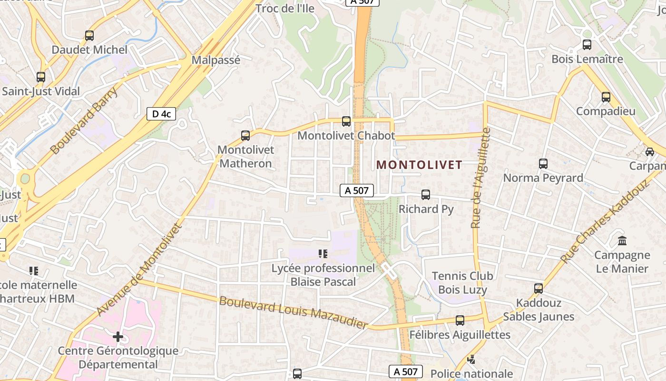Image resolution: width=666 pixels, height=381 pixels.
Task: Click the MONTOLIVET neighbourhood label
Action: click(x=419, y=165)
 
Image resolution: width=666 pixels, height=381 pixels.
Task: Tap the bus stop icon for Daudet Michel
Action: click(x=89, y=36)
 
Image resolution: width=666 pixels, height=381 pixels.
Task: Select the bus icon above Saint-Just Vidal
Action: click(x=41, y=77)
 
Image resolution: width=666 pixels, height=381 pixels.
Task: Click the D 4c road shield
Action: click(x=161, y=114)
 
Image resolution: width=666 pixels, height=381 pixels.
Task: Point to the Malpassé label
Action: click(x=216, y=60)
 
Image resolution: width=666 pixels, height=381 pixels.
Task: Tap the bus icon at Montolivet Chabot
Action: click(x=346, y=121)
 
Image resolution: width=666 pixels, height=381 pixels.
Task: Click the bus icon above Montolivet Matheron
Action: click(x=245, y=136)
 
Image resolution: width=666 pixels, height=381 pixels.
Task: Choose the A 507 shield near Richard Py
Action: click(x=357, y=190)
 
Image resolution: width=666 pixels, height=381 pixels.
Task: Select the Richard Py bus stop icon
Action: click(x=426, y=194)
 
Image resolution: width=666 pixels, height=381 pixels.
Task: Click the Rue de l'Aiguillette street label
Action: click(x=480, y=178)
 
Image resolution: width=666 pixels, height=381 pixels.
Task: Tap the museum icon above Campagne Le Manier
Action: click(x=622, y=241)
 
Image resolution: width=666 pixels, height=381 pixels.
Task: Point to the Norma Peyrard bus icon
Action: click(x=543, y=164)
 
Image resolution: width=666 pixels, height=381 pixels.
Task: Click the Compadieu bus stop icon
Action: click(x=606, y=97)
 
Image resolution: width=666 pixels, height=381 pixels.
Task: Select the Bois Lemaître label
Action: click(x=587, y=59)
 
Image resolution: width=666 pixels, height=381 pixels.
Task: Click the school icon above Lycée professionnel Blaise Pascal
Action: click(x=323, y=254)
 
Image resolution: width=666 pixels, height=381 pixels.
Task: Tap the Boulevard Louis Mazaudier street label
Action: click(x=294, y=313)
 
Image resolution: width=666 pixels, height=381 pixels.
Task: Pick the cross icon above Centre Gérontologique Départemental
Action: click(x=118, y=337)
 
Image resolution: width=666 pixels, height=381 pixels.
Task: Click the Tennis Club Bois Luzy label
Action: click(x=462, y=282)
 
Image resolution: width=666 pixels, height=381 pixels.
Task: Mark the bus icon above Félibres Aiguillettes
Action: click(x=460, y=321)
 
